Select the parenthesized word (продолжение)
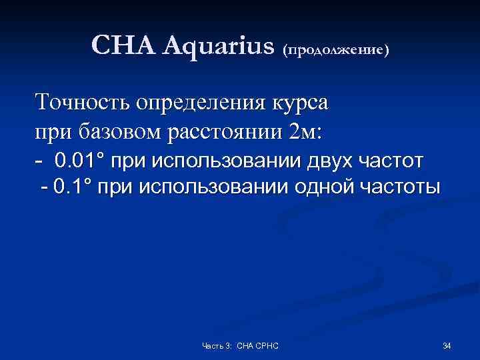click(337, 49)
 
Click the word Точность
click(83, 103)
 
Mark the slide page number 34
click(447, 345)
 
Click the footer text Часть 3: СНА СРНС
click(240, 345)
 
